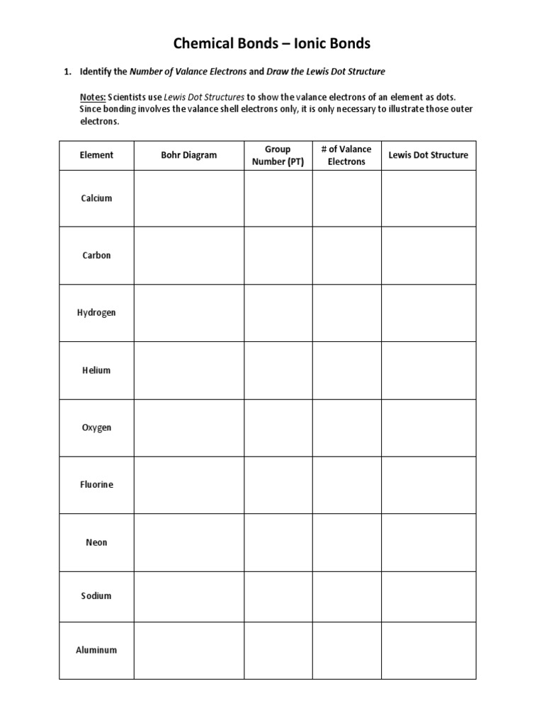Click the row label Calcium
point(96,198)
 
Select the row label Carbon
point(96,256)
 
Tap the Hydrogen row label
point(96,313)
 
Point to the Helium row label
point(96,370)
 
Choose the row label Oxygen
point(96,428)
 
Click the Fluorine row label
point(96,485)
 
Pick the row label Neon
point(96,542)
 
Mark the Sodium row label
point(96,596)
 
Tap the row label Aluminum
point(96,650)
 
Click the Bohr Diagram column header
point(188,155)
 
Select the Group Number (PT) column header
point(278,155)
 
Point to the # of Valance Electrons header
point(346,155)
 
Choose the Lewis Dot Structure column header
point(429,155)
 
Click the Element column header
point(96,155)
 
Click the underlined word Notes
point(93,96)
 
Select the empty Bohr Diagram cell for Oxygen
point(188,428)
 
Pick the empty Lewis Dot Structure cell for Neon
point(429,542)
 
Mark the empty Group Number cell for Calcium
point(278,198)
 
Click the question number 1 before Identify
point(68,72)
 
